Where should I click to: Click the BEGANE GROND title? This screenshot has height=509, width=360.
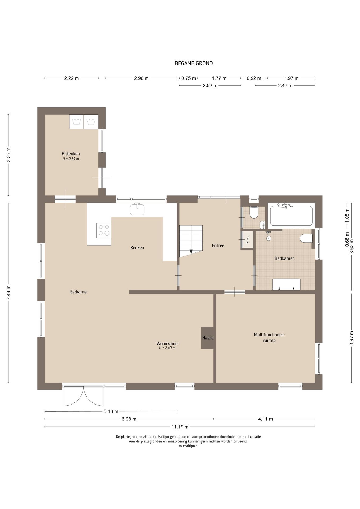(x=194, y=63)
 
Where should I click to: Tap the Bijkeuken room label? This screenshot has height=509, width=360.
(x=71, y=154)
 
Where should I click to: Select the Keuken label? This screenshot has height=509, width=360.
(x=137, y=248)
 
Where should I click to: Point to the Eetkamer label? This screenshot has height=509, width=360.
(x=79, y=292)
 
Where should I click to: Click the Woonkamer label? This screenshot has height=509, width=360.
(x=168, y=344)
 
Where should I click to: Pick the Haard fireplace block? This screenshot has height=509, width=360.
(x=208, y=338)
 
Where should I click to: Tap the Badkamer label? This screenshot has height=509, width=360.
(x=284, y=258)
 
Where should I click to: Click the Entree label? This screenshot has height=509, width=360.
(x=218, y=245)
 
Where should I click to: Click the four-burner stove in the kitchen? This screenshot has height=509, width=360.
(x=104, y=230)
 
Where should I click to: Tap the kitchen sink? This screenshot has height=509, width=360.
(x=137, y=209)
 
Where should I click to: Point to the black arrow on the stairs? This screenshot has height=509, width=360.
(x=191, y=252)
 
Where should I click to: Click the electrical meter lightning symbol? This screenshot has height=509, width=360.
(x=248, y=240)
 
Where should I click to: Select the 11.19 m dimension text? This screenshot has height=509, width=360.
(x=180, y=427)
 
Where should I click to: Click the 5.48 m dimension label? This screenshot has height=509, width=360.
(x=111, y=411)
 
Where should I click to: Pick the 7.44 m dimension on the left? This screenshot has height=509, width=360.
(x=8, y=293)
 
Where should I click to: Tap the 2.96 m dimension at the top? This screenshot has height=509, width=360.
(x=141, y=78)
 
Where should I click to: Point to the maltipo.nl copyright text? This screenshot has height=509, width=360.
(x=189, y=446)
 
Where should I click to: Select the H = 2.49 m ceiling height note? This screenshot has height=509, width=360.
(x=167, y=348)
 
